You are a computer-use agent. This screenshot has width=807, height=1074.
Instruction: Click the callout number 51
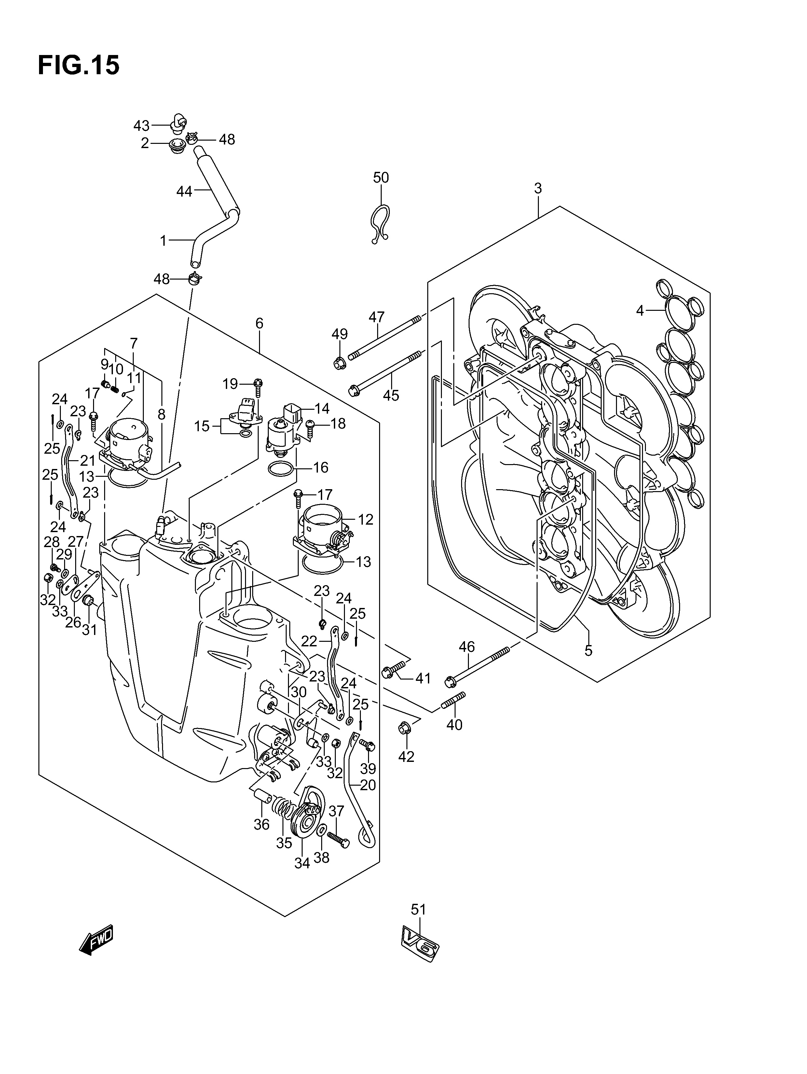(x=418, y=909)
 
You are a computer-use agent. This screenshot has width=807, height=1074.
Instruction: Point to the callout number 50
(x=381, y=178)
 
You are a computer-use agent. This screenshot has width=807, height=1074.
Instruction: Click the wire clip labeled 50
(x=380, y=223)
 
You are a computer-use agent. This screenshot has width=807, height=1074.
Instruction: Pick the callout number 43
(x=141, y=126)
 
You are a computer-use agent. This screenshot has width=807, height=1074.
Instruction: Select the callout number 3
(x=538, y=188)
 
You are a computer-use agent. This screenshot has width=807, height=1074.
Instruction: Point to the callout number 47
(x=376, y=317)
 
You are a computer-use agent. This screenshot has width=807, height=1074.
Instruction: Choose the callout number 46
(x=467, y=647)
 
